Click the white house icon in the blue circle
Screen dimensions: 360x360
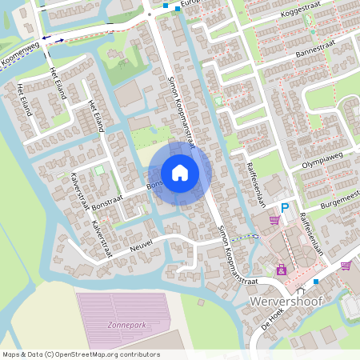pyautogui.click(x=179, y=172)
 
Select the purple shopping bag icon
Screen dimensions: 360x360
pyautogui.click(x=281, y=270)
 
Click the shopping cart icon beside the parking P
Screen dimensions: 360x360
pyautogui.click(x=274, y=220)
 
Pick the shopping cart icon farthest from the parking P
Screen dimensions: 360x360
pyautogui.click(x=346, y=266)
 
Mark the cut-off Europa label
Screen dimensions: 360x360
pyautogui.click(x=192, y=4)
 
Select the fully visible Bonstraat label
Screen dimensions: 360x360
pyautogui.click(x=108, y=201)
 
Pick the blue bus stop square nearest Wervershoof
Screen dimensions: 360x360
pyautogui.click(x=316, y=282)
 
